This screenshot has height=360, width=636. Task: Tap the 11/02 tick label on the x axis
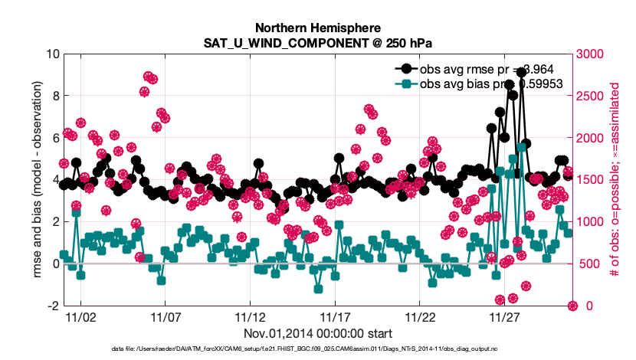click(x=80, y=316)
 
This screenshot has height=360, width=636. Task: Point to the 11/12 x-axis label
click(x=250, y=316)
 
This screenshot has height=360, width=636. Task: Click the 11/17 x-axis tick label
click(x=335, y=316)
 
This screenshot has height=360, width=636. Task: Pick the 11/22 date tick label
click(x=420, y=316)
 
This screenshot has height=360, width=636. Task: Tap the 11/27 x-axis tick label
click(x=504, y=316)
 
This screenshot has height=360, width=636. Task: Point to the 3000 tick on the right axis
click(x=589, y=54)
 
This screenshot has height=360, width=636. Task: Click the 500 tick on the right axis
click(x=586, y=264)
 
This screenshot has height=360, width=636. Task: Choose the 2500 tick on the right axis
click(x=589, y=97)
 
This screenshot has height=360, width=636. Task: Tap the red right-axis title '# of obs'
click(x=615, y=180)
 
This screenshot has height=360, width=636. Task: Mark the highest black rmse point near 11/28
click(x=521, y=72)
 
